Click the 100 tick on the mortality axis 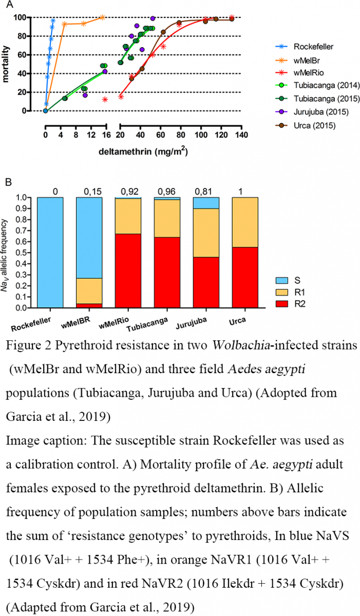pyautogui.click(x=32, y=17)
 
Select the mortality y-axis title pyautogui.click(x=7, y=65)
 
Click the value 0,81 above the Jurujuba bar pyautogui.click(x=206, y=191)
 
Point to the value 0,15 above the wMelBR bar pyautogui.click(x=89, y=191)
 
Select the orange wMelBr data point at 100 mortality pyautogui.click(x=102, y=17)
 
